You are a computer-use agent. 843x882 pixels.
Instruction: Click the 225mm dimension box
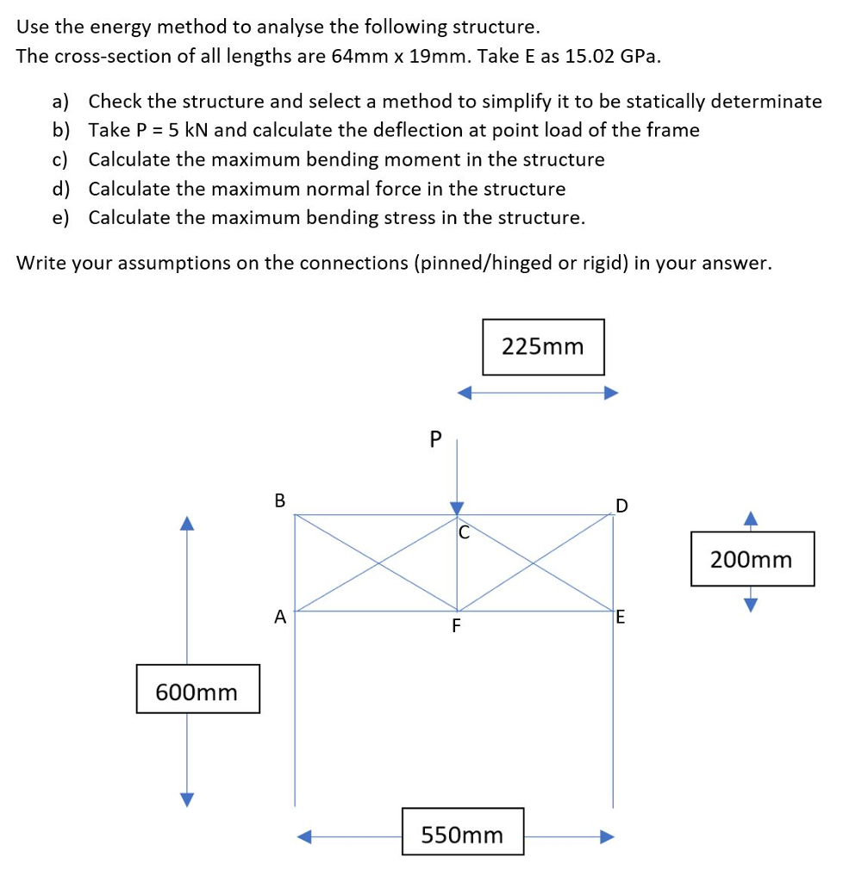(x=543, y=346)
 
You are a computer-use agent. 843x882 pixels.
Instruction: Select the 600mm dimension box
(x=197, y=689)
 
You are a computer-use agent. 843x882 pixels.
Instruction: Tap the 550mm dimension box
(x=463, y=831)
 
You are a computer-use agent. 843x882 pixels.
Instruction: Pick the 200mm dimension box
(x=752, y=559)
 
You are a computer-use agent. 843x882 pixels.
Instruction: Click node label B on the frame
(x=278, y=499)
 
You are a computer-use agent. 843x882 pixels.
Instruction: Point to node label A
(x=278, y=616)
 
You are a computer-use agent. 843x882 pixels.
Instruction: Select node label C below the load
(x=463, y=532)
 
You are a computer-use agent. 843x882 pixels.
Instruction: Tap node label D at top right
(x=621, y=505)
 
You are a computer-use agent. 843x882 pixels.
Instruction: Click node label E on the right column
(x=621, y=617)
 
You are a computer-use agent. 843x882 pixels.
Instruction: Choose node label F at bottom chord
(x=456, y=625)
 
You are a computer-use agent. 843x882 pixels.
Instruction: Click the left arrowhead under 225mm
(x=465, y=394)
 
